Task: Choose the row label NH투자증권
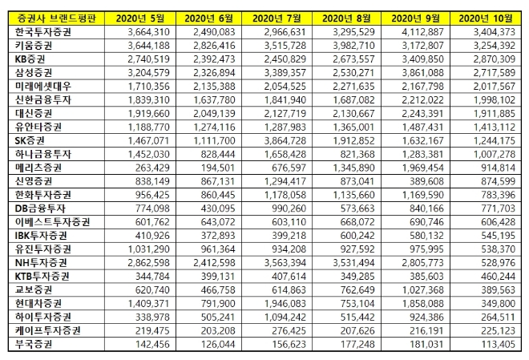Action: [x=38, y=262]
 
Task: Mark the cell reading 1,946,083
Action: [x=281, y=303]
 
